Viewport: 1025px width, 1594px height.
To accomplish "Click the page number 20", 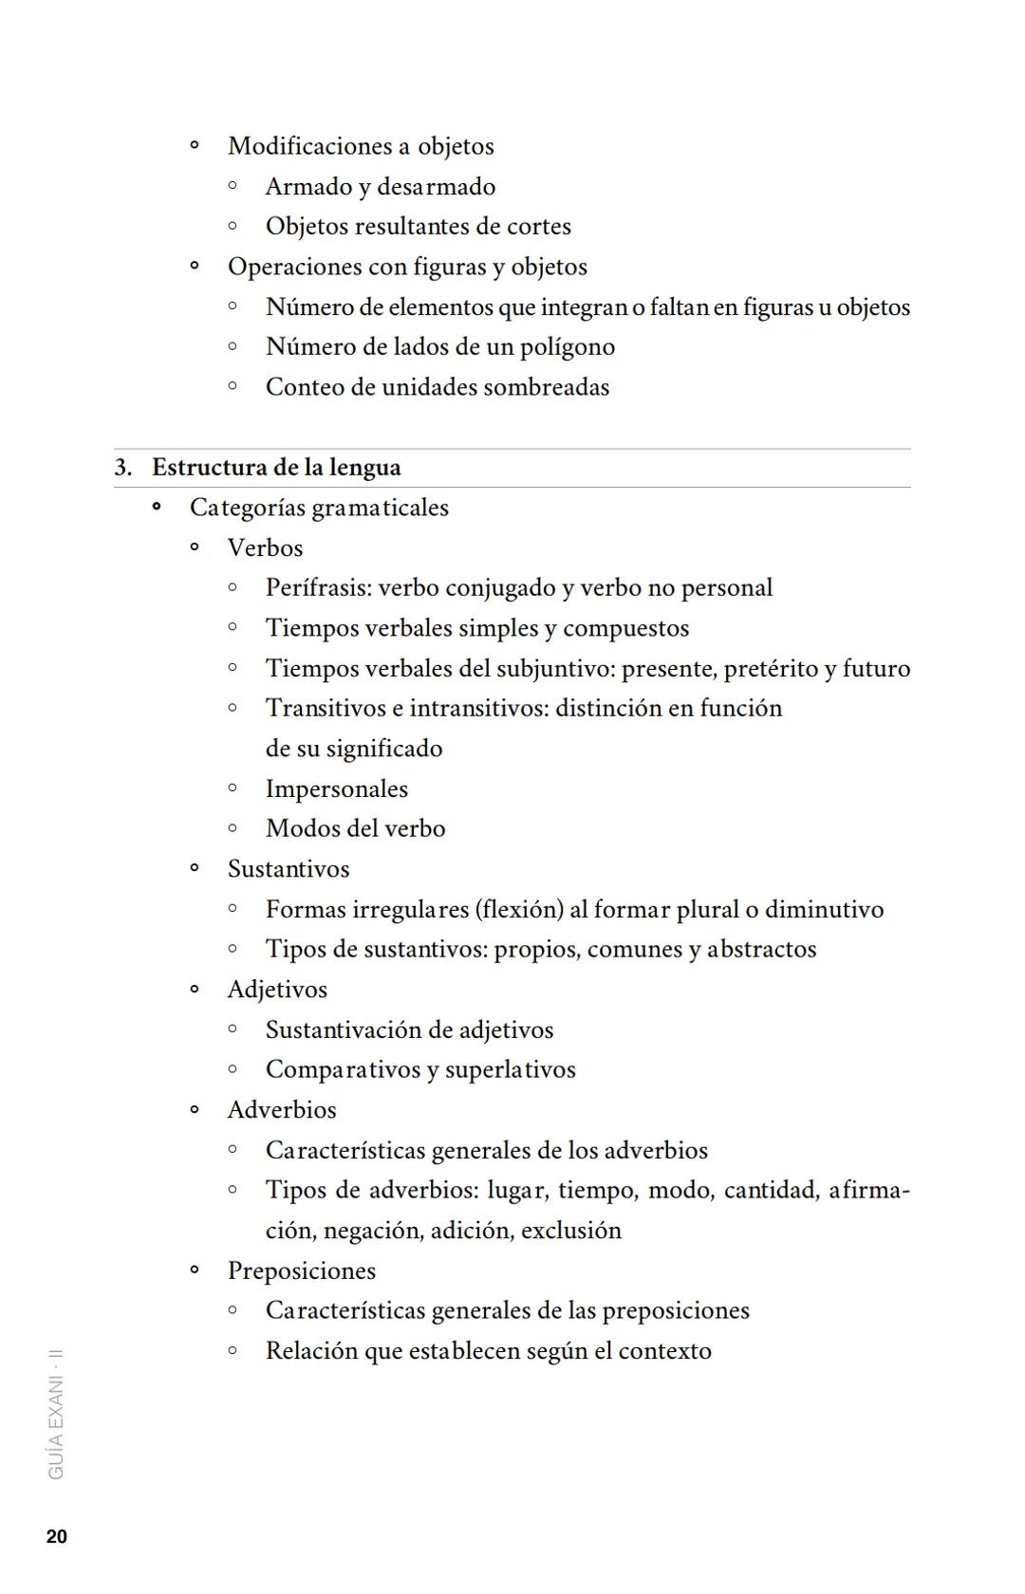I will (57, 1537).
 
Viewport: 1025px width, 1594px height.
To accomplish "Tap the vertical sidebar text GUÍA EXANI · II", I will (57, 1414).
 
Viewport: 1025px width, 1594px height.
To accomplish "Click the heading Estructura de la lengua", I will (276, 468).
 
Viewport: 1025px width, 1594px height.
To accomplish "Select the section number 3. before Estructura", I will (123, 468).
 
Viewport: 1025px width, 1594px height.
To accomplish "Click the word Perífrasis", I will (318, 588).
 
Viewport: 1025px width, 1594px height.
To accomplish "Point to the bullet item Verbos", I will (265, 548).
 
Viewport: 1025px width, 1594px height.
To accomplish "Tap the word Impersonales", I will (336, 789).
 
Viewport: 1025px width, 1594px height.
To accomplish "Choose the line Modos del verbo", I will (355, 829).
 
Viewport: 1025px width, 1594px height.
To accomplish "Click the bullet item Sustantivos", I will (288, 869).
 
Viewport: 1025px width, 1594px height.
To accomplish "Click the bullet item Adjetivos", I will (277, 990).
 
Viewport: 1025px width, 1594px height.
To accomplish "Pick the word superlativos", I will (510, 1070).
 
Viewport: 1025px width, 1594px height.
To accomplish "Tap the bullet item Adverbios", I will (282, 1110).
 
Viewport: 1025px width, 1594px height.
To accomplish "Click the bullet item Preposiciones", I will (301, 1271).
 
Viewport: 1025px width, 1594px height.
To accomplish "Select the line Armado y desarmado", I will (380, 187).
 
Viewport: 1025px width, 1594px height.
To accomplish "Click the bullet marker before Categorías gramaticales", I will (157, 508).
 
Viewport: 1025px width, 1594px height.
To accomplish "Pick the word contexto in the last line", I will (664, 1351).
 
